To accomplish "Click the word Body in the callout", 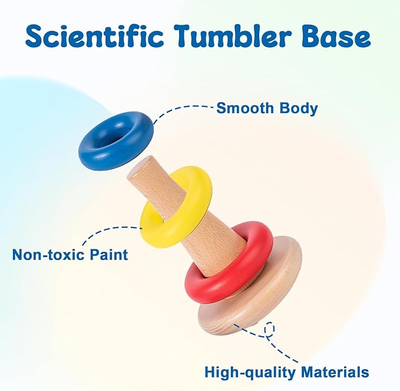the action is coord(299,109).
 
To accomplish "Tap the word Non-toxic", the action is coord(48,255).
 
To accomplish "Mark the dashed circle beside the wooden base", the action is coord(270,329).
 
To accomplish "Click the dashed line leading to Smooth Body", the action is coord(178,109).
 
